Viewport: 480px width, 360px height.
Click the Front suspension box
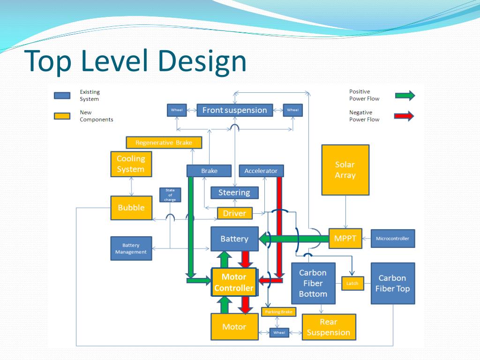(x=234, y=110)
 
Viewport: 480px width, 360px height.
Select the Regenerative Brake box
(x=164, y=142)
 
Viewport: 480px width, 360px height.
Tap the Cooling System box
(x=131, y=164)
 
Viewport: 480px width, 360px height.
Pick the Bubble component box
(x=131, y=208)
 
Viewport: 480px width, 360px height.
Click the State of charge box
(x=170, y=195)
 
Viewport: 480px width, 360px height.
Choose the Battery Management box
(x=131, y=248)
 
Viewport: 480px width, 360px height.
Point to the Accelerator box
(x=261, y=171)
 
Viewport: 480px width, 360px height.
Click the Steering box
(x=234, y=192)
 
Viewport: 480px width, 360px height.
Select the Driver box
(x=234, y=213)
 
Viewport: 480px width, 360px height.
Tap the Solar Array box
(x=345, y=170)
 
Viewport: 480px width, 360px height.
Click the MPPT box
(x=345, y=239)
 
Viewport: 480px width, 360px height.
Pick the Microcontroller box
(x=392, y=239)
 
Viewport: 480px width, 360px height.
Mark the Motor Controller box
(x=234, y=282)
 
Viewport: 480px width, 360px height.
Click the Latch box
(x=352, y=283)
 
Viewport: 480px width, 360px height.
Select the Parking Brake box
(x=279, y=312)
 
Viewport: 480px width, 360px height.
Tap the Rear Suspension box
(x=328, y=327)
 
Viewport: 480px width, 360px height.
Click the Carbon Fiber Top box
(x=392, y=283)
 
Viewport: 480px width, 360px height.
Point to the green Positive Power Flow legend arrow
(x=405, y=95)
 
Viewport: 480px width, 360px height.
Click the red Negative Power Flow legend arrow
(x=405, y=116)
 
